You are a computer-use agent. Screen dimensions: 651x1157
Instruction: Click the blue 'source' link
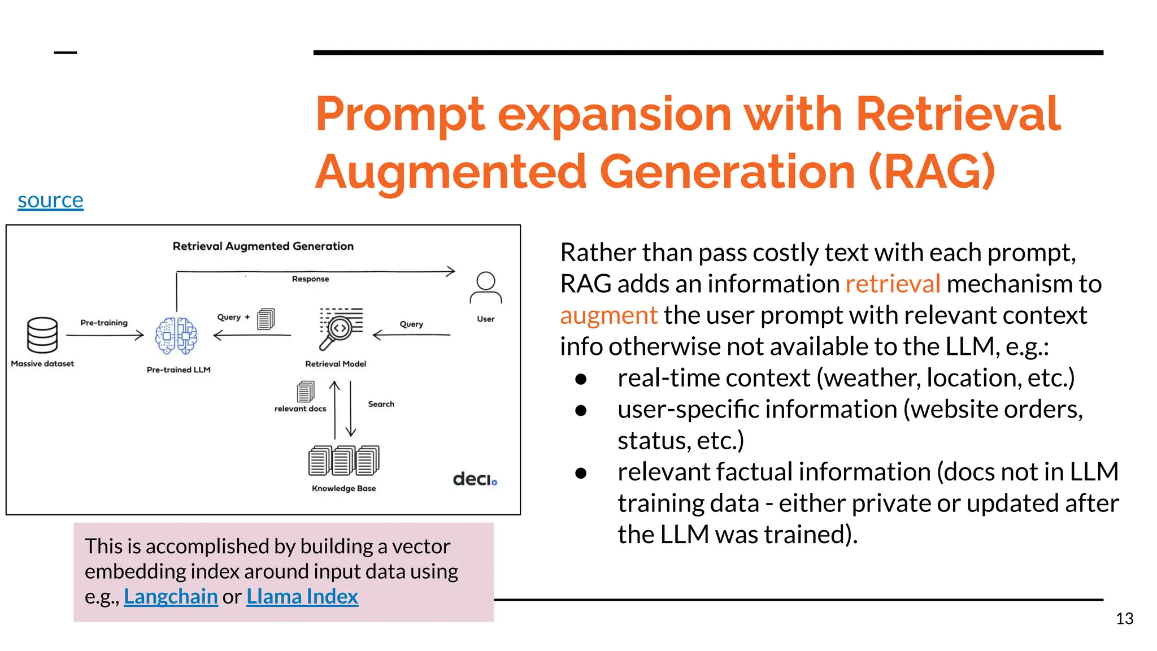tap(50, 201)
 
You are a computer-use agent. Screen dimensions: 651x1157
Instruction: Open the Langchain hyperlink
tap(171, 597)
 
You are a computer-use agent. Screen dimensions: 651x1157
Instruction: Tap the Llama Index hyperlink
tap(302, 597)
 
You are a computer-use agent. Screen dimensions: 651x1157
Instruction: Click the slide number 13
tap(1124, 619)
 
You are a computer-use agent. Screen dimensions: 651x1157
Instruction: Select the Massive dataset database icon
tap(42, 335)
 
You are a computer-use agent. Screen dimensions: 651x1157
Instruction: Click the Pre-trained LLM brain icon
tap(176, 336)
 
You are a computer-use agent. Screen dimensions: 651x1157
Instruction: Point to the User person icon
tap(485, 288)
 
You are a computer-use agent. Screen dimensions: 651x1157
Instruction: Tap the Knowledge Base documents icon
tap(343, 461)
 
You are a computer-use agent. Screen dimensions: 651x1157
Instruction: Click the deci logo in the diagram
tap(475, 479)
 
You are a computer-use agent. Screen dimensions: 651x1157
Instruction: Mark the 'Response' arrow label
tap(310, 279)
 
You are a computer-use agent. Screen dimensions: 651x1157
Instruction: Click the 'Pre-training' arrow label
tap(104, 323)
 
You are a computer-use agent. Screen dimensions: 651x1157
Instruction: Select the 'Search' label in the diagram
tap(381, 404)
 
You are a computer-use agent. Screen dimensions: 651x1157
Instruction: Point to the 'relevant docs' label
tap(300, 409)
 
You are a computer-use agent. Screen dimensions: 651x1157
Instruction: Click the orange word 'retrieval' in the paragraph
tap(893, 284)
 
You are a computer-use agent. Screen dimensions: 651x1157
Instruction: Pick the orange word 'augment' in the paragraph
tap(608, 315)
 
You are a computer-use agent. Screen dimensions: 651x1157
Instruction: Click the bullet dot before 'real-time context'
tap(581, 379)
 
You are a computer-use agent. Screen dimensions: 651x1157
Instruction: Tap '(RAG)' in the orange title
tap(931, 172)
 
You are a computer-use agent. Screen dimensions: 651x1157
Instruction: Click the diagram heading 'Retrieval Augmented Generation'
tap(263, 246)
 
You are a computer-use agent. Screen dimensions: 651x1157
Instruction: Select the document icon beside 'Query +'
tap(266, 319)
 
